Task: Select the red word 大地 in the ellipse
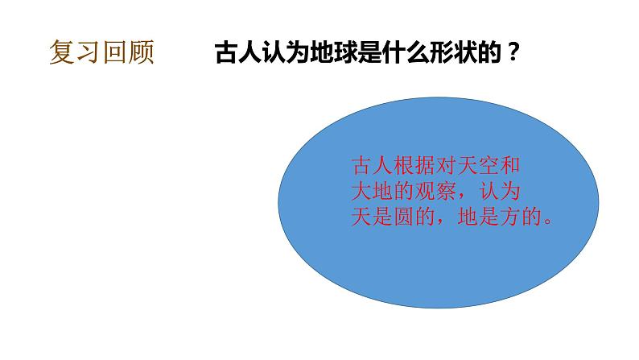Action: click(x=372, y=192)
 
